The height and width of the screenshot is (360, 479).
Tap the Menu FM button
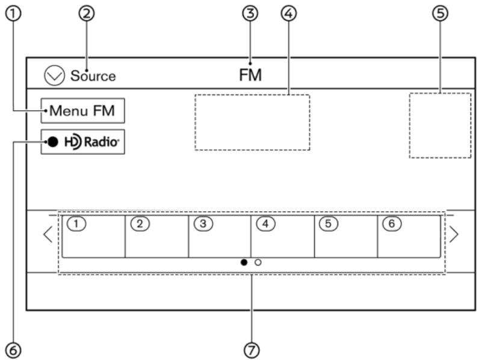point(83,111)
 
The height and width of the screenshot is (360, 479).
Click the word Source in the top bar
point(93,76)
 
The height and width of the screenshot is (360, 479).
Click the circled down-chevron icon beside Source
point(53,76)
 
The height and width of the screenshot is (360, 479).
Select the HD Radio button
point(83,142)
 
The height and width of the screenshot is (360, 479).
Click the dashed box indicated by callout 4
point(252,122)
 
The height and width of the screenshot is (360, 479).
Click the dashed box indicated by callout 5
point(440,125)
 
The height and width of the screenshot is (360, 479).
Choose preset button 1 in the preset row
point(93,236)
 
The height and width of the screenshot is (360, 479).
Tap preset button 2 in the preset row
point(156,236)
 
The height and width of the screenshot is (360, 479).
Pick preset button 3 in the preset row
point(220,236)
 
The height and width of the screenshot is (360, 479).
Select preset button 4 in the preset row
point(283,236)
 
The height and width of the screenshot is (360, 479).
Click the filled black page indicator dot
point(244,262)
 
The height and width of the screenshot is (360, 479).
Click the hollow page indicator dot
point(258,262)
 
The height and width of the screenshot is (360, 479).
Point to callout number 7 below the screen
point(252,349)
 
